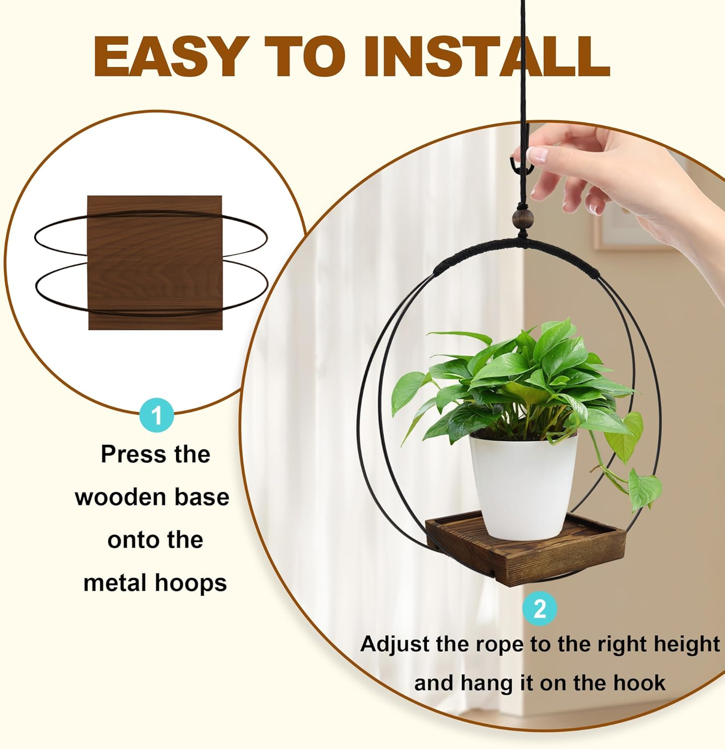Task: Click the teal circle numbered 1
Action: coord(157,415)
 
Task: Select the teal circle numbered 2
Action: coord(539,609)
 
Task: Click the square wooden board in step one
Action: coord(155,262)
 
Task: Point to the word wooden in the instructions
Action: coord(120,498)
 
